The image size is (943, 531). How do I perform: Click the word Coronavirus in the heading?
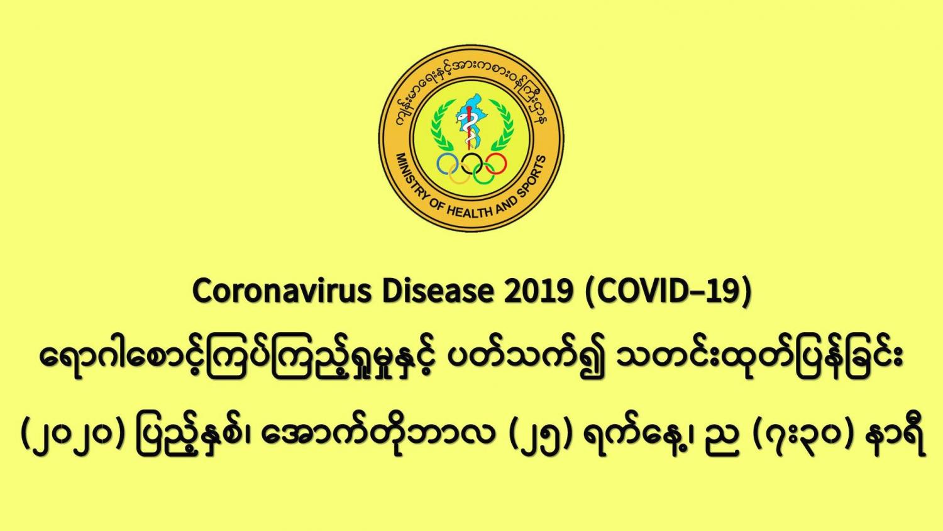pyautogui.click(x=282, y=291)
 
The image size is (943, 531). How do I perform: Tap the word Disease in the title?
pyautogui.click(x=438, y=291)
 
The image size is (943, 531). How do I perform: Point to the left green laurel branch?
pyautogui.click(x=441, y=125)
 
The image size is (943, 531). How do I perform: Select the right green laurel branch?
pyautogui.click(x=502, y=125)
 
